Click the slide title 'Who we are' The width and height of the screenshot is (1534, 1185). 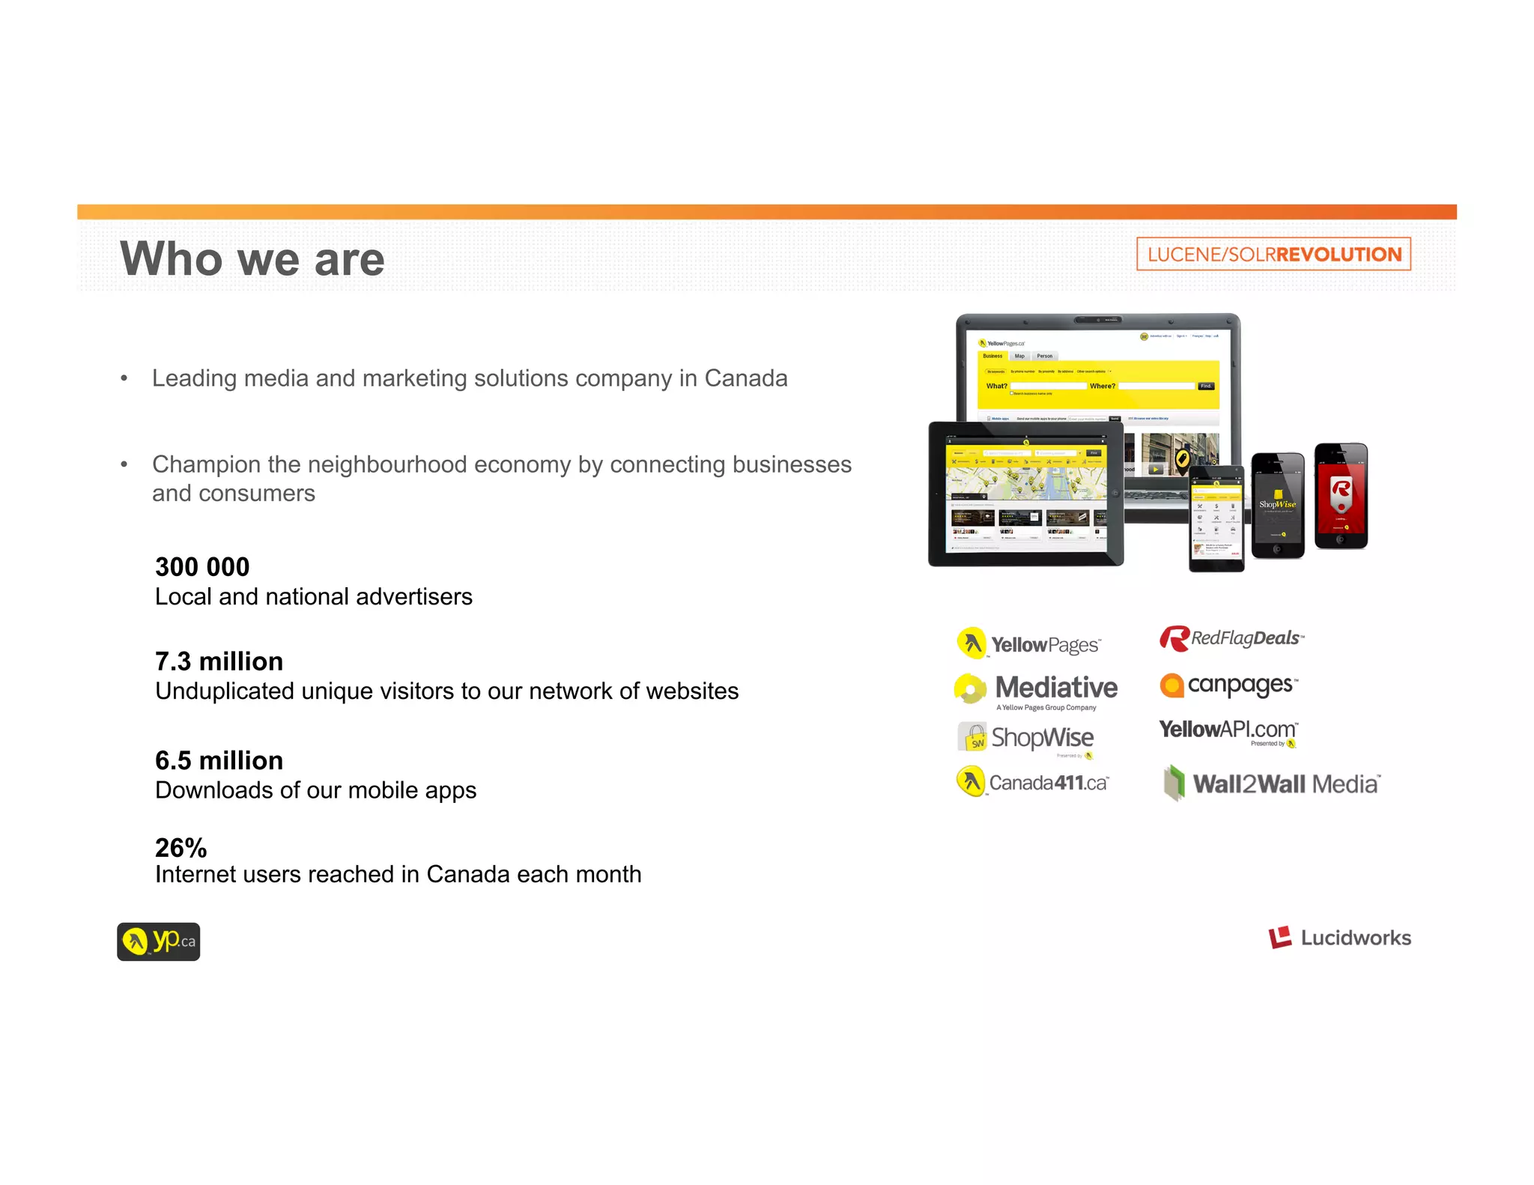tap(252, 259)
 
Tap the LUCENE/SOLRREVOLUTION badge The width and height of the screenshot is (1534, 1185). tap(1273, 254)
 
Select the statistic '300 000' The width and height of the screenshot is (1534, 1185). tap(202, 567)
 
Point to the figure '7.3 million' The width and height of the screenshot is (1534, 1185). tap(219, 661)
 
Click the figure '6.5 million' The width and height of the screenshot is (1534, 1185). tap(219, 760)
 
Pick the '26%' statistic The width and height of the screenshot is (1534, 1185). tap(181, 847)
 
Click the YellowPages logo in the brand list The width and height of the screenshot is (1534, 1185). tap(1029, 643)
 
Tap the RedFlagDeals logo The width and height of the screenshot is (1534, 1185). tap(1231, 638)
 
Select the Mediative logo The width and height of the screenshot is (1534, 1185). tap(1037, 689)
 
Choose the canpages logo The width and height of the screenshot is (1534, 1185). tap(1228, 685)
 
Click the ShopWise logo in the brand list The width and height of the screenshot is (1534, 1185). tap(1026, 738)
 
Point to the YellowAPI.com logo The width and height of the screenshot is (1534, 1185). tap(1228, 730)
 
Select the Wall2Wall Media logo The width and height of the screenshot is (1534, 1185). tap(1272, 784)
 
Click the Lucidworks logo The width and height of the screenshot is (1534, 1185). tap(1339, 937)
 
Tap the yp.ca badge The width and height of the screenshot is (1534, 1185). tap(159, 942)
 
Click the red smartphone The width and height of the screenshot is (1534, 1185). tap(1341, 497)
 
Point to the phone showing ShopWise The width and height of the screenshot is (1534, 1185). tap(1278, 506)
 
